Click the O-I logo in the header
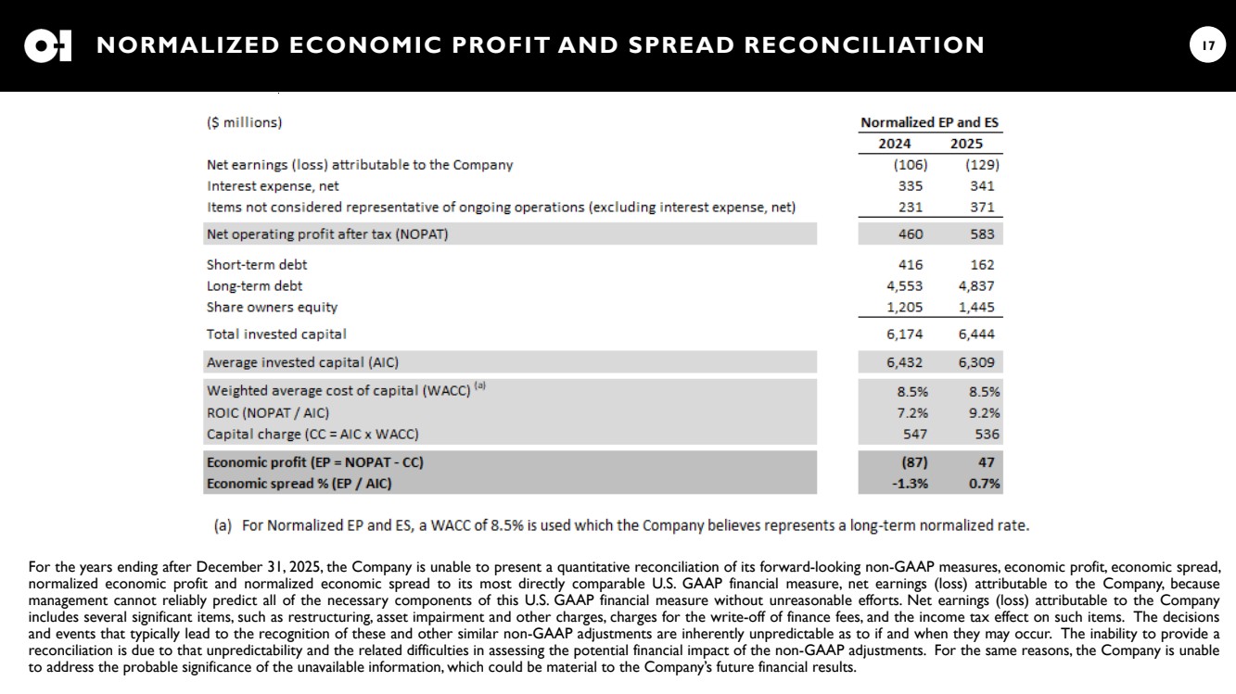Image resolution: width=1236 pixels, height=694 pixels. pos(48,45)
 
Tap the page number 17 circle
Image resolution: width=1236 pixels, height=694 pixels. pos(1207,45)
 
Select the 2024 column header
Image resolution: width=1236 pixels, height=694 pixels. pos(895,144)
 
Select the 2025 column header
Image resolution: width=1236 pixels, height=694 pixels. pos(966,144)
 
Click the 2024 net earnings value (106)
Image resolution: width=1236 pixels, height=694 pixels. pos(910,165)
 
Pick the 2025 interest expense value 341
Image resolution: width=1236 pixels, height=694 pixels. pos(981,185)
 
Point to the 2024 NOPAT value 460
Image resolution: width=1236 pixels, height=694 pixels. pos(910,234)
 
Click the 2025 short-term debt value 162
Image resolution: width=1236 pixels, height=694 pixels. pos(982,265)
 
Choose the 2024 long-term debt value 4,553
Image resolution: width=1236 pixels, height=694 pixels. pos(904,286)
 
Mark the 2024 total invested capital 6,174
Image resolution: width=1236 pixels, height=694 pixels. pos(904,334)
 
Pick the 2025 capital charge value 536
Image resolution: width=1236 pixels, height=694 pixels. pos(987,434)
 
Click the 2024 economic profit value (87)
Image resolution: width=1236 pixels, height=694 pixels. pos(913,462)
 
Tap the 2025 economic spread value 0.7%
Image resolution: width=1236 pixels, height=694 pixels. pos(985,483)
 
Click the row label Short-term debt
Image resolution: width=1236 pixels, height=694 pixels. pos(257,265)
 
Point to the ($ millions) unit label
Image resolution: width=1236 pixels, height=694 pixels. pos(244,122)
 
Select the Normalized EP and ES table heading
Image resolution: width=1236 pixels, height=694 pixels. pos(929,122)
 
